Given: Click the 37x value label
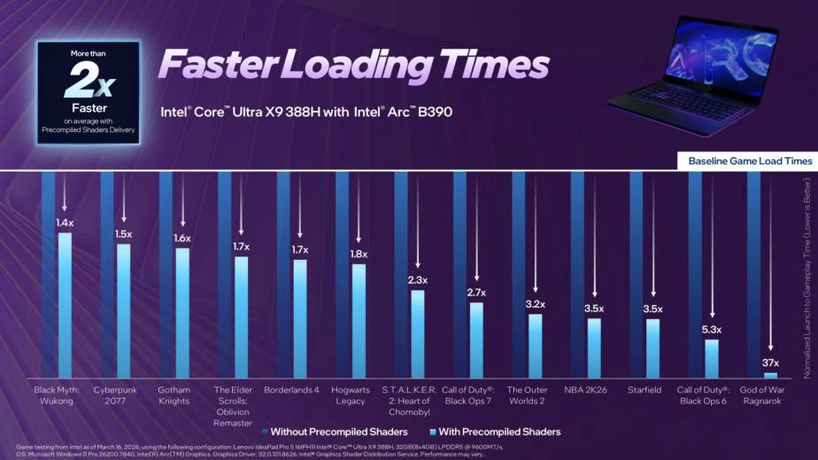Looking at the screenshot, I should [770, 363].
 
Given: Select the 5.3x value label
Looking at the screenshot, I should [712, 330].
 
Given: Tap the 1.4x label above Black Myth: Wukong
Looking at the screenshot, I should [65, 222].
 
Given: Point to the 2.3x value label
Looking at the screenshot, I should [417, 280].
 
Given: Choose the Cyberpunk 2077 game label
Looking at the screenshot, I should [124, 395].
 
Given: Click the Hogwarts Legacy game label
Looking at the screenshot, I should [359, 395].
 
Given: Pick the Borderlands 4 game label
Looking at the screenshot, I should [299, 389].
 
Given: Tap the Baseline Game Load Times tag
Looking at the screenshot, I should [749, 160].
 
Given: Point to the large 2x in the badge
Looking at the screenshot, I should [89, 82].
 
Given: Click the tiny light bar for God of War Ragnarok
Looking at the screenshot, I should [770, 375].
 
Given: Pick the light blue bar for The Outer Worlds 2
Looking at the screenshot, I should [535, 346].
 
